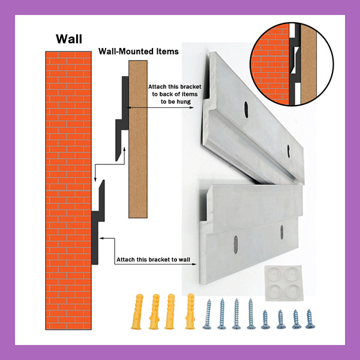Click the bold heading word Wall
pos(69,39)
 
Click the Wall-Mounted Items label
pos(139,51)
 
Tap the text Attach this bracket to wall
pos(153,259)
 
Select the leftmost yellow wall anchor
pos(137,311)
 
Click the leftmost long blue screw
pos(208,314)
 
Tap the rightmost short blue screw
pos(310,319)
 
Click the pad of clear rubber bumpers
pos(284,283)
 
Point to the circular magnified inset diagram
pos(292,64)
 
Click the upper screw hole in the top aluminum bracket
pos(246,110)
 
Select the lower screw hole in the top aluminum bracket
pos(289,151)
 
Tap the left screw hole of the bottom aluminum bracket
pos(236,245)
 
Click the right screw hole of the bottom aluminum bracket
pos(282,232)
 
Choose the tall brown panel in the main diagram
pos(138,139)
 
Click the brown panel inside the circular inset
pos(308,64)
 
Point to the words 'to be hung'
pos(176,101)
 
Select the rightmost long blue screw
pos(251,314)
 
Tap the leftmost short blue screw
pos(265,319)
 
